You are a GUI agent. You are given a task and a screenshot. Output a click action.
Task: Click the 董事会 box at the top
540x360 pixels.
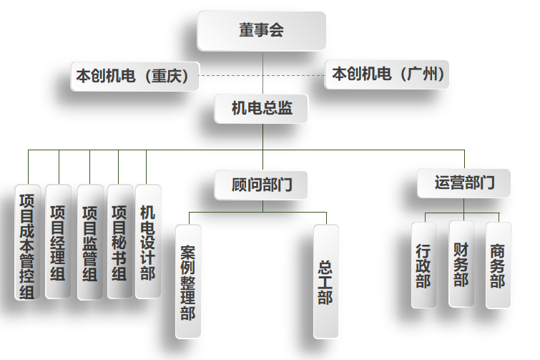[x=261, y=31]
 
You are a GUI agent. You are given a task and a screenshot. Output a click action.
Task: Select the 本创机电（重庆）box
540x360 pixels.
[x=134, y=76]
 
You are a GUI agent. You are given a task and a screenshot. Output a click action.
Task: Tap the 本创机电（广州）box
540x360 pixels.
[x=388, y=74]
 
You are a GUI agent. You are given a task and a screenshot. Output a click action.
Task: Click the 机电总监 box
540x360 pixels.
[x=261, y=109]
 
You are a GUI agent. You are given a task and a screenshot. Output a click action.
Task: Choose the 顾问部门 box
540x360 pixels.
[x=261, y=185]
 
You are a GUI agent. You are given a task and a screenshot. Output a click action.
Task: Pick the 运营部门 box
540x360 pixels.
[x=463, y=183]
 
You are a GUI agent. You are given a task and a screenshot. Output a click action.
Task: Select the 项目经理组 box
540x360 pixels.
[x=58, y=242]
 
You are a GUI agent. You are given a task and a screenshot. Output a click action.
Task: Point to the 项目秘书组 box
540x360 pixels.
[x=119, y=242]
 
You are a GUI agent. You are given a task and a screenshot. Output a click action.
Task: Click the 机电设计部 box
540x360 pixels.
[x=147, y=242]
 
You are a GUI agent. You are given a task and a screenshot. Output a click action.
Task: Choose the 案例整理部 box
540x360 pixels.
[x=188, y=281]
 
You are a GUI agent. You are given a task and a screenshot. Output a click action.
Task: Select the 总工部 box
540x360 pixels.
[x=325, y=281]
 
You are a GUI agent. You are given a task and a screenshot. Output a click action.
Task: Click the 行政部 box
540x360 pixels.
[x=424, y=265]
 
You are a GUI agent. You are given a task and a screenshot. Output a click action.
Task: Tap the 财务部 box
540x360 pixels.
[x=461, y=263]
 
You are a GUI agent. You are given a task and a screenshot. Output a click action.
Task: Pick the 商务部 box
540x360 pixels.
[x=498, y=265]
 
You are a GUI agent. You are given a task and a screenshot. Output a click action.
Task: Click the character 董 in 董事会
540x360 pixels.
[x=247, y=31]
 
